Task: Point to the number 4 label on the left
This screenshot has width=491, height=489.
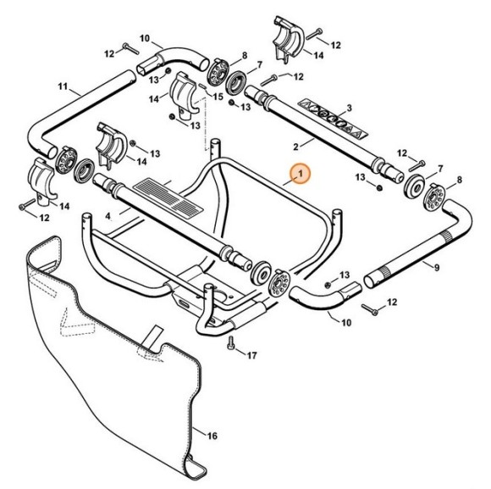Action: pyautogui.click(x=109, y=216)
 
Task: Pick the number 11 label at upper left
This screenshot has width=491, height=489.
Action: pyautogui.click(x=63, y=87)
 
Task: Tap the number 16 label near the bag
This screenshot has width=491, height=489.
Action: pyautogui.click(x=212, y=436)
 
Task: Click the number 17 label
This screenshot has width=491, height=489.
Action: pyautogui.click(x=251, y=356)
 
